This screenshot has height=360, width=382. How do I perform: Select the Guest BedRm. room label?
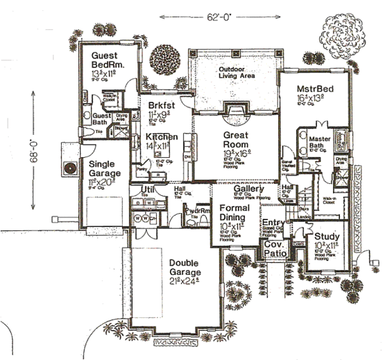pyautogui.click(x=107, y=60)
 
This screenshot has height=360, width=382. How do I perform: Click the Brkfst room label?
pyautogui.click(x=162, y=104)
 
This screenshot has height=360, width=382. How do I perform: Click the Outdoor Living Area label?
pyautogui.click(x=236, y=73)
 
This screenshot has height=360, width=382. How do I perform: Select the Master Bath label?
pyautogui.click(x=322, y=143)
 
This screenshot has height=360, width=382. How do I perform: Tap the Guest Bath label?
pyautogui.click(x=102, y=120)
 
